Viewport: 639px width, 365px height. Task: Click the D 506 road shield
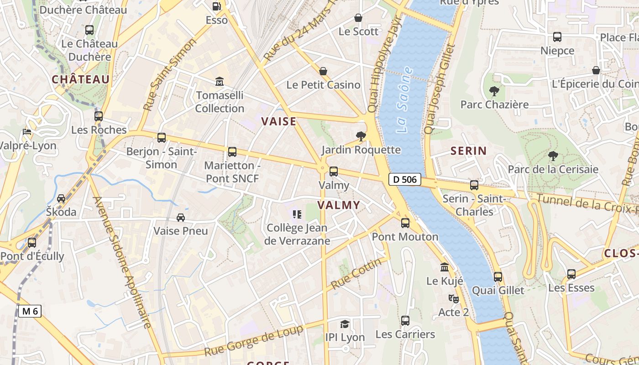point(404,179)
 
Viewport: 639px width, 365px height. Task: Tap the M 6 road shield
point(30,311)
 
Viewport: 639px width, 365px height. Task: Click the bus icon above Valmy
point(334,172)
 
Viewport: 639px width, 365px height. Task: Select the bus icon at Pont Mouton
point(405,223)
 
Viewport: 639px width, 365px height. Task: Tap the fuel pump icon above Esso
point(217,6)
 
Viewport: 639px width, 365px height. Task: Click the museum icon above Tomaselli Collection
point(220,82)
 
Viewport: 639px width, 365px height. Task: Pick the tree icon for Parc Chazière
point(494,91)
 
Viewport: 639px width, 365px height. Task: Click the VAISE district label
point(278,121)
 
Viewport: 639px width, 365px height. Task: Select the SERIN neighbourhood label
point(468,151)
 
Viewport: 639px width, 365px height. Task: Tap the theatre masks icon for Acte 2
point(453,299)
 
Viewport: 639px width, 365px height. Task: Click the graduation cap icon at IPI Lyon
point(345,324)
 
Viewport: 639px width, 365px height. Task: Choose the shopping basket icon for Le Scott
point(358,18)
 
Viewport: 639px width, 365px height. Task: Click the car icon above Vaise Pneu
point(181,218)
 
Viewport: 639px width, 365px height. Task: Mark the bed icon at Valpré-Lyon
point(27,132)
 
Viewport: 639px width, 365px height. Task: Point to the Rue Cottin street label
point(356,274)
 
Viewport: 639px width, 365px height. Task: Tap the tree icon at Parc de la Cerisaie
point(553,156)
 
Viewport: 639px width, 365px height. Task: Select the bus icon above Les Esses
point(571,274)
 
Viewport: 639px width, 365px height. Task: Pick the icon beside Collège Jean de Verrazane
point(297,214)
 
